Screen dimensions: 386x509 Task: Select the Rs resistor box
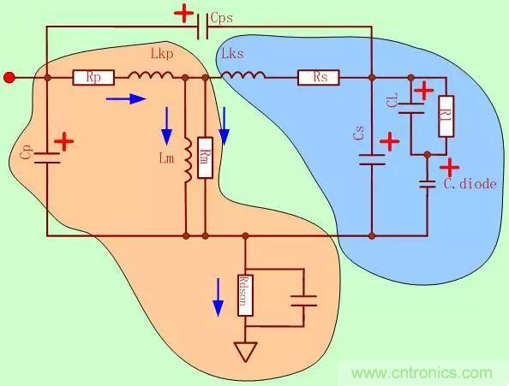pyautogui.click(x=319, y=78)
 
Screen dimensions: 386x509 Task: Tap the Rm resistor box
pyautogui.click(x=205, y=157)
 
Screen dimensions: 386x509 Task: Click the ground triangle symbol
pyautogui.click(x=245, y=352)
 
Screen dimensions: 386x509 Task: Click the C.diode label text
pyautogui.click(x=468, y=183)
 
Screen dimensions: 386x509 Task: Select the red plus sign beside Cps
pyautogui.click(x=183, y=14)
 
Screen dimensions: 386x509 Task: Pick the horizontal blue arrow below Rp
pyautogui.click(x=125, y=99)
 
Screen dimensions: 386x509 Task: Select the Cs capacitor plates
pyautogui.click(x=371, y=159)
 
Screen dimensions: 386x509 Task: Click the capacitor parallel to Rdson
pyautogui.click(x=303, y=300)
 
